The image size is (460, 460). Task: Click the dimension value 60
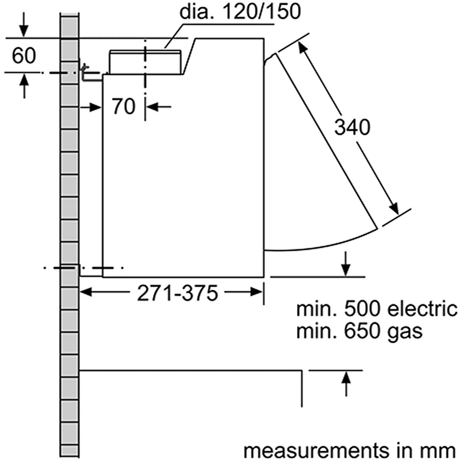click(24, 56)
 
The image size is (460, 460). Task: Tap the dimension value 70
click(123, 106)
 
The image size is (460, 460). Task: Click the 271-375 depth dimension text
click(177, 293)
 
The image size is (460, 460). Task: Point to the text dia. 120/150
click(240, 12)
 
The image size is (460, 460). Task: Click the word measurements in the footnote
click(316, 450)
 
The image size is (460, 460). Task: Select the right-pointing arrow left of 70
click(96, 107)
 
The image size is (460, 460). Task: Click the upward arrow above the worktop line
click(346, 377)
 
